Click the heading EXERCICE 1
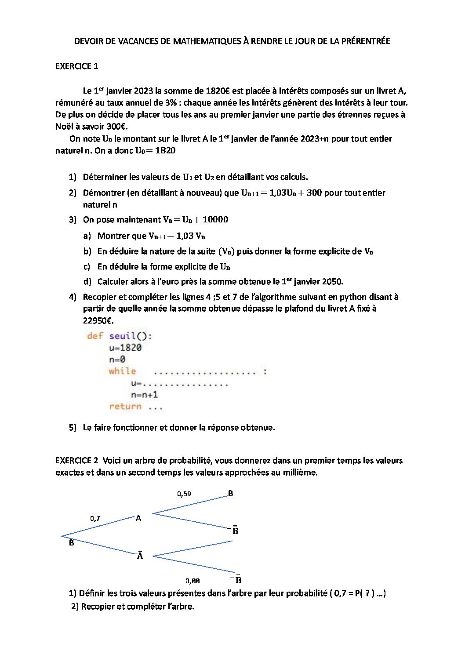click(x=76, y=66)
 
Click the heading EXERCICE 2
click(x=76, y=461)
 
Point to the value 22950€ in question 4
click(x=98, y=320)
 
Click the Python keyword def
click(x=95, y=336)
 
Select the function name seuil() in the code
click(x=130, y=336)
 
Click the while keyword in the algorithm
click(x=122, y=371)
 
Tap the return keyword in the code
click(x=125, y=407)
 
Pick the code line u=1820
click(x=125, y=348)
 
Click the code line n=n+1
click(x=144, y=395)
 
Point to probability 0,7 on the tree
click(x=95, y=519)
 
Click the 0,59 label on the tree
click(x=184, y=494)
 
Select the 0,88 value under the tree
click(x=193, y=581)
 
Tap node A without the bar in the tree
click(x=138, y=518)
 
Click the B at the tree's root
click(x=72, y=543)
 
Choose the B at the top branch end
click(x=231, y=494)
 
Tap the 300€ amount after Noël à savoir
click(x=116, y=127)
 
